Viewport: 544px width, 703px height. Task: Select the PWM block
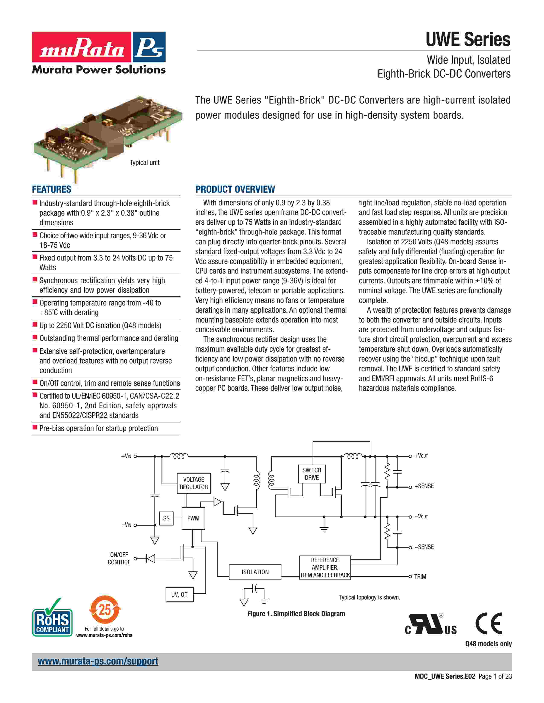193,518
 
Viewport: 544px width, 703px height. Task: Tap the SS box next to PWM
166,518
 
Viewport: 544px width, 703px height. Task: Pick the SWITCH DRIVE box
312,474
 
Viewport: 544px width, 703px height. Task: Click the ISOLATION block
255,572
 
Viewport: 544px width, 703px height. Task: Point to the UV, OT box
179,595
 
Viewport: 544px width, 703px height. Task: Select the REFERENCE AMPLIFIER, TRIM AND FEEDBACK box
325,568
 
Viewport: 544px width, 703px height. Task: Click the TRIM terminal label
420,576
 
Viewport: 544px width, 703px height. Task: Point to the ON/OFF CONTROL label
119,559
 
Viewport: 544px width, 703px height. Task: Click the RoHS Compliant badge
52,622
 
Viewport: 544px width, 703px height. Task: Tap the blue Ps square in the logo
148,47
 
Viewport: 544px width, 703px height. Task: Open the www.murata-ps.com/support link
98,661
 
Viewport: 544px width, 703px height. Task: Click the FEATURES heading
52,189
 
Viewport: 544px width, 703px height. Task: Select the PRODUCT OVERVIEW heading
235,189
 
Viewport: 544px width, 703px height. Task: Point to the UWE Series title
468,40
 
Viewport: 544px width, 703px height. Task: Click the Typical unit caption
144,163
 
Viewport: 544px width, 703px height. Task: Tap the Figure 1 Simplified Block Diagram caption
296,614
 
